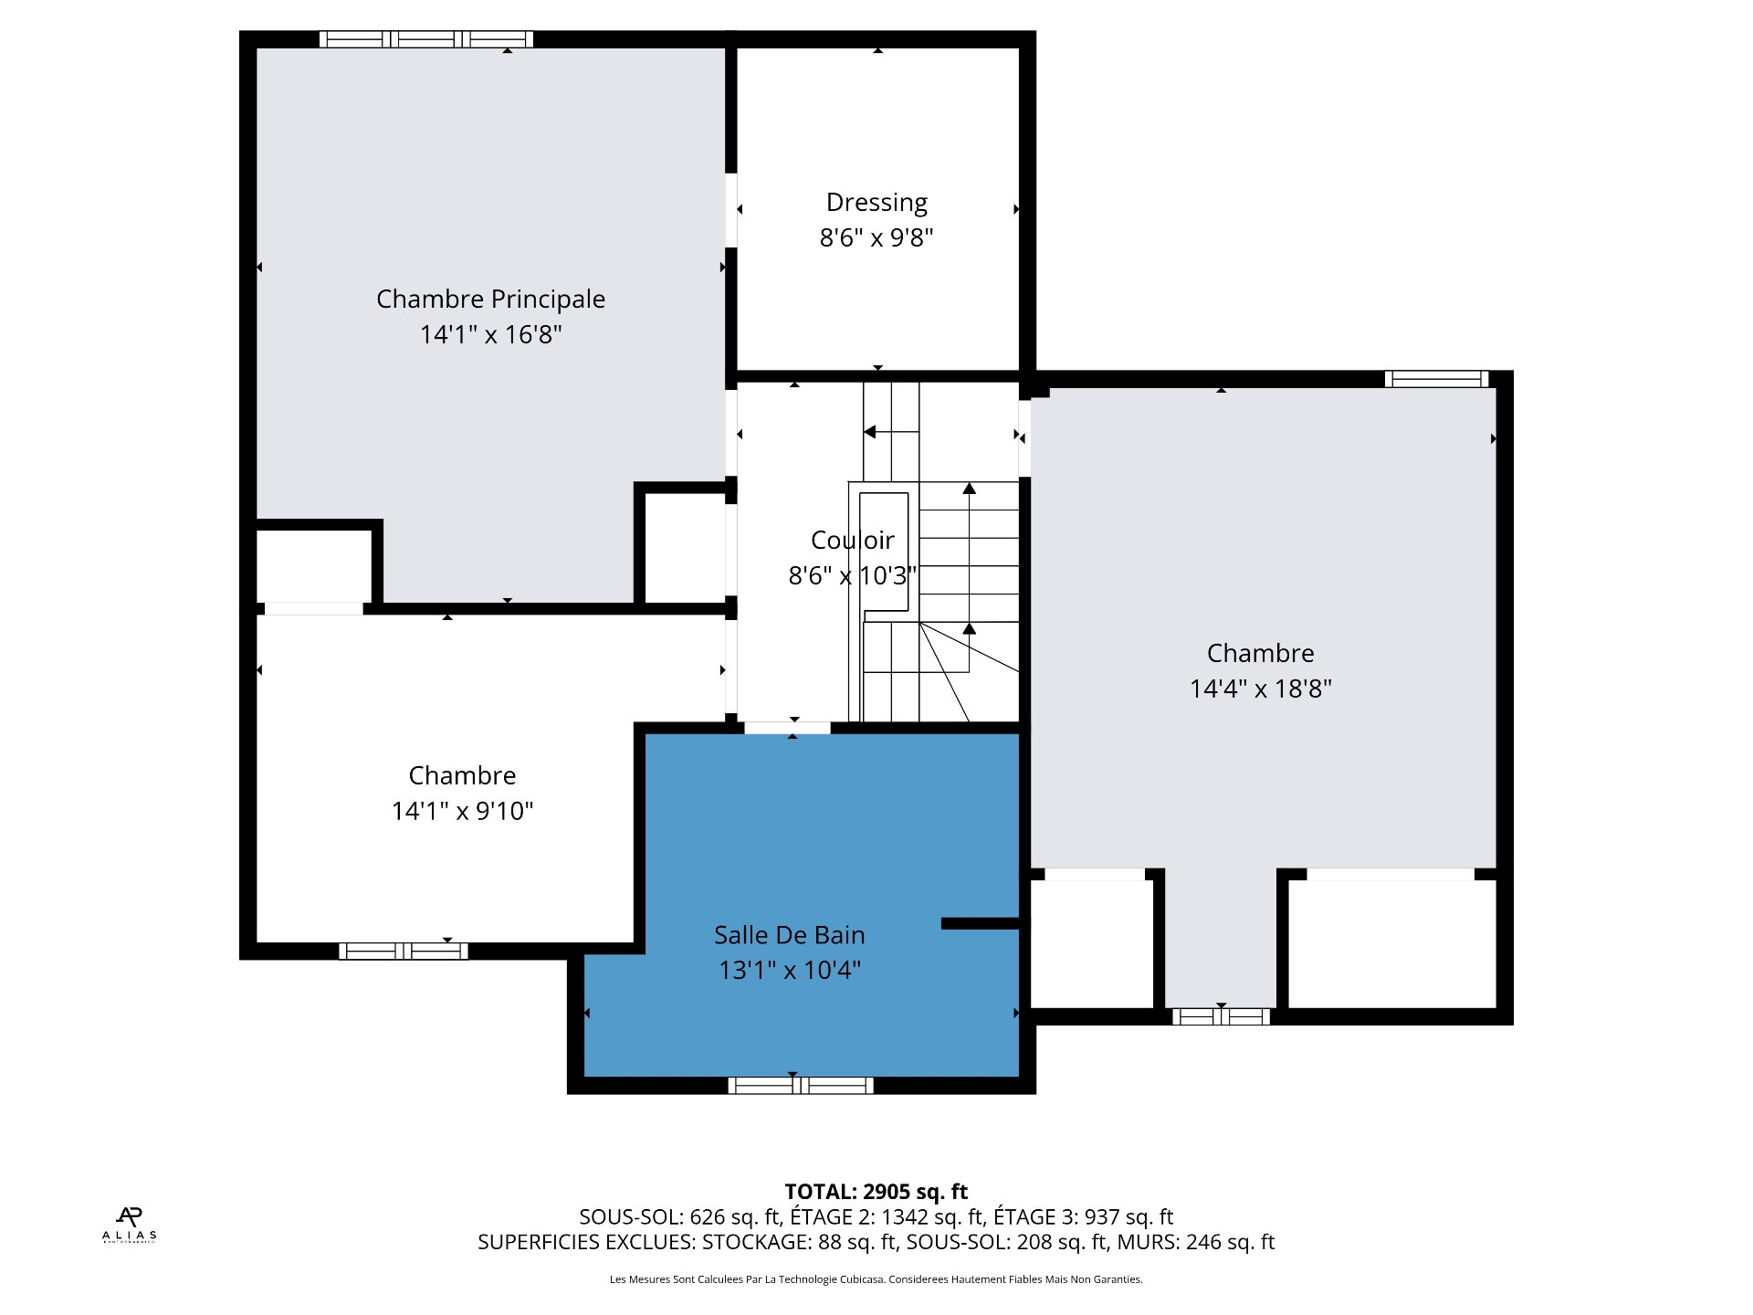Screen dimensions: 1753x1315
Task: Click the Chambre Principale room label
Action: (x=490, y=299)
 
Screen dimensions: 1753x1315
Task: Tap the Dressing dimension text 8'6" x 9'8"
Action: (x=876, y=237)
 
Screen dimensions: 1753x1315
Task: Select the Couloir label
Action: (x=853, y=540)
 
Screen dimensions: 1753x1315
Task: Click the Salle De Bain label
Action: (x=790, y=935)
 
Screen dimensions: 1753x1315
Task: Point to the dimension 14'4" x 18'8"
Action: (x=1261, y=689)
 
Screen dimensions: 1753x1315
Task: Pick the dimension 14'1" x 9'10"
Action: (x=463, y=811)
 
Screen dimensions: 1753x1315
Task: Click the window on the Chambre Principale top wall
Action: (x=426, y=39)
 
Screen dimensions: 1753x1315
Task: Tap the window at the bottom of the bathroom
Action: (x=801, y=1085)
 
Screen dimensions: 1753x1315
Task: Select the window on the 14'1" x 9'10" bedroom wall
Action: (x=404, y=951)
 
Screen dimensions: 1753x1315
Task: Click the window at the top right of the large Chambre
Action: (x=1436, y=379)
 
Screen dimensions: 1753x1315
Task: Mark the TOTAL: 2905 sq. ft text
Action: (x=876, y=1192)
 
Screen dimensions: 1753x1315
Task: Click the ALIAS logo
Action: (x=129, y=1225)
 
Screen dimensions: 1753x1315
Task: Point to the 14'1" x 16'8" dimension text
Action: (x=491, y=334)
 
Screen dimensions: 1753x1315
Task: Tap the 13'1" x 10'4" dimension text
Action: (x=790, y=970)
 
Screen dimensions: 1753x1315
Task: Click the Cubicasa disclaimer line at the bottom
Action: (x=876, y=1279)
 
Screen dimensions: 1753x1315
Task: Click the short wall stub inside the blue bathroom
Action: (x=981, y=923)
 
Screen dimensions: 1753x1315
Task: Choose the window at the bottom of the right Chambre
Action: (x=1222, y=1016)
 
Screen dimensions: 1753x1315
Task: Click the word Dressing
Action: (x=876, y=203)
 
